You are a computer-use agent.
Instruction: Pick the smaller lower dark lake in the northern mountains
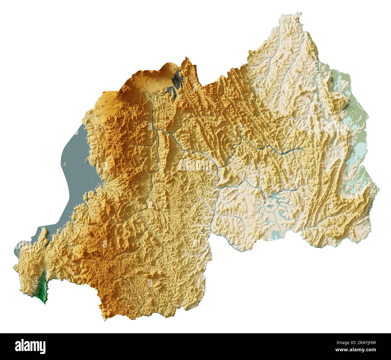(172, 90)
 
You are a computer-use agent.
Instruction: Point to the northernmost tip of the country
(299, 14)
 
